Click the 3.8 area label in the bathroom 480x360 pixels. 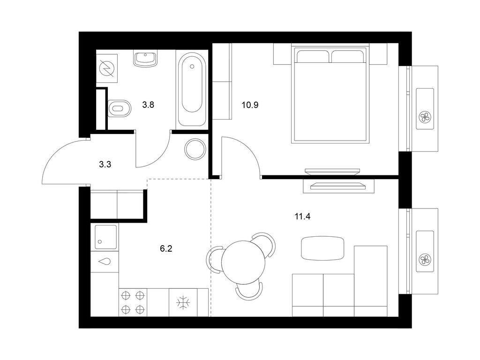148,105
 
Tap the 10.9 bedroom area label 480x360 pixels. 250,105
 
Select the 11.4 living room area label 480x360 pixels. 302,217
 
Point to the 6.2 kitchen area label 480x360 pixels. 166,248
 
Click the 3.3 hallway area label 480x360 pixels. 105,165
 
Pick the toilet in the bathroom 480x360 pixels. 120,108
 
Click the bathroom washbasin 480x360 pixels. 145,59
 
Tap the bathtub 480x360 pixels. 192,89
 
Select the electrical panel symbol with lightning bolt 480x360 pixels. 107,68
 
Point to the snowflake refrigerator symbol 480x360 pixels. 183,302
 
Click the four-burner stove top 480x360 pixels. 133,302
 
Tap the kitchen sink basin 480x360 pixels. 105,237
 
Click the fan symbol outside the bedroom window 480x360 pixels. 425,117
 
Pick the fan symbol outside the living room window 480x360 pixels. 425,260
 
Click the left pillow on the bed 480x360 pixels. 313,56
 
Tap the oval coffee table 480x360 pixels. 322,248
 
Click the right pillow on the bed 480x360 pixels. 348,56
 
